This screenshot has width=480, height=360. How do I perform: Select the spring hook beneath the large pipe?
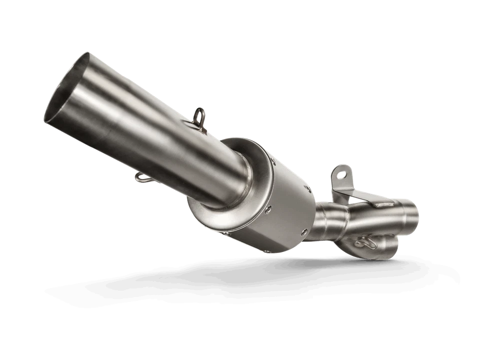coord(141,175)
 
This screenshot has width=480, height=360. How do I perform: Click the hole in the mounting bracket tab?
coord(342,174)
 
